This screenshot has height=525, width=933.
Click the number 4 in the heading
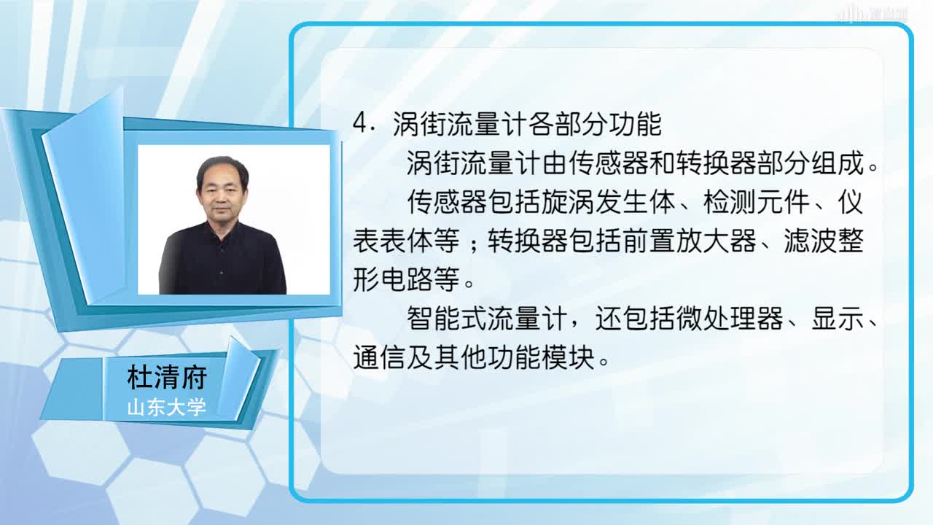click(359, 123)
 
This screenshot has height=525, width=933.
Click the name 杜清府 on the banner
click(167, 378)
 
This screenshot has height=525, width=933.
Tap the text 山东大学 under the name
click(167, 407)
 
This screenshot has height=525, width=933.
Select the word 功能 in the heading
click(635, 124)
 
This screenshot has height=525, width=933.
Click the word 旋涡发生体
click(609, 202)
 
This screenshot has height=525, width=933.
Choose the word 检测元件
click(757, 202)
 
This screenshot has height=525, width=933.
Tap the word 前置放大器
click(690, 241)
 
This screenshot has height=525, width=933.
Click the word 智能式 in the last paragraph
click(447, 319)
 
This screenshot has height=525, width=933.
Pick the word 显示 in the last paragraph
click(838, 319)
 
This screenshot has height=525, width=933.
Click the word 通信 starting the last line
click(379, 357)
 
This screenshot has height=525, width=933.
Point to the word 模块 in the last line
click(568, 357)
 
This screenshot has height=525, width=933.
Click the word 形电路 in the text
click(392, 279)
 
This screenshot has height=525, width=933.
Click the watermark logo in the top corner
click(872, 13)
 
